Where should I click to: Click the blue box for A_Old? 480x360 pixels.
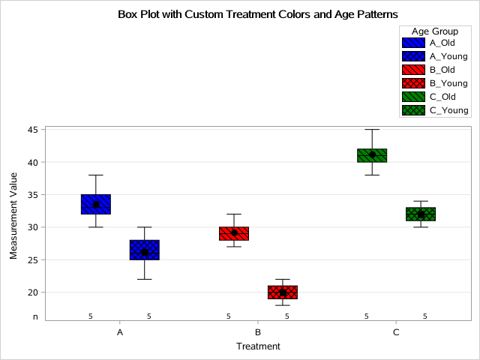[96, 204]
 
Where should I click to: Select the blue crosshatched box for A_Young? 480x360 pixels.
[144, 250]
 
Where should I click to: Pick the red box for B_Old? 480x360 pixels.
[234, 233]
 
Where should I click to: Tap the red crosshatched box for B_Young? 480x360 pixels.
[283, 292]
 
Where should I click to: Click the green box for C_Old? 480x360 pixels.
[372, 155]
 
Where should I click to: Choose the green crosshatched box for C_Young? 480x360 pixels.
[421, 214]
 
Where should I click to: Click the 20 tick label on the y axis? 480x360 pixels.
[33, 292]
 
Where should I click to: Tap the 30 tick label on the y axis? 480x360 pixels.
[33, 227]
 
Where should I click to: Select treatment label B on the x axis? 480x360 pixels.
[258, 331]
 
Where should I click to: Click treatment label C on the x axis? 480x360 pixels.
[396, 331]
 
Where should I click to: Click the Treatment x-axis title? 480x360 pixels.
[258, 346]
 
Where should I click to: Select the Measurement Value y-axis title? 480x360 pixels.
[13, 224]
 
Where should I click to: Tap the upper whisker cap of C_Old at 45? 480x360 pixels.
[372, 129]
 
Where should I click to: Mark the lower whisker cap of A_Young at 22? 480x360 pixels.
[144, 279]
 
